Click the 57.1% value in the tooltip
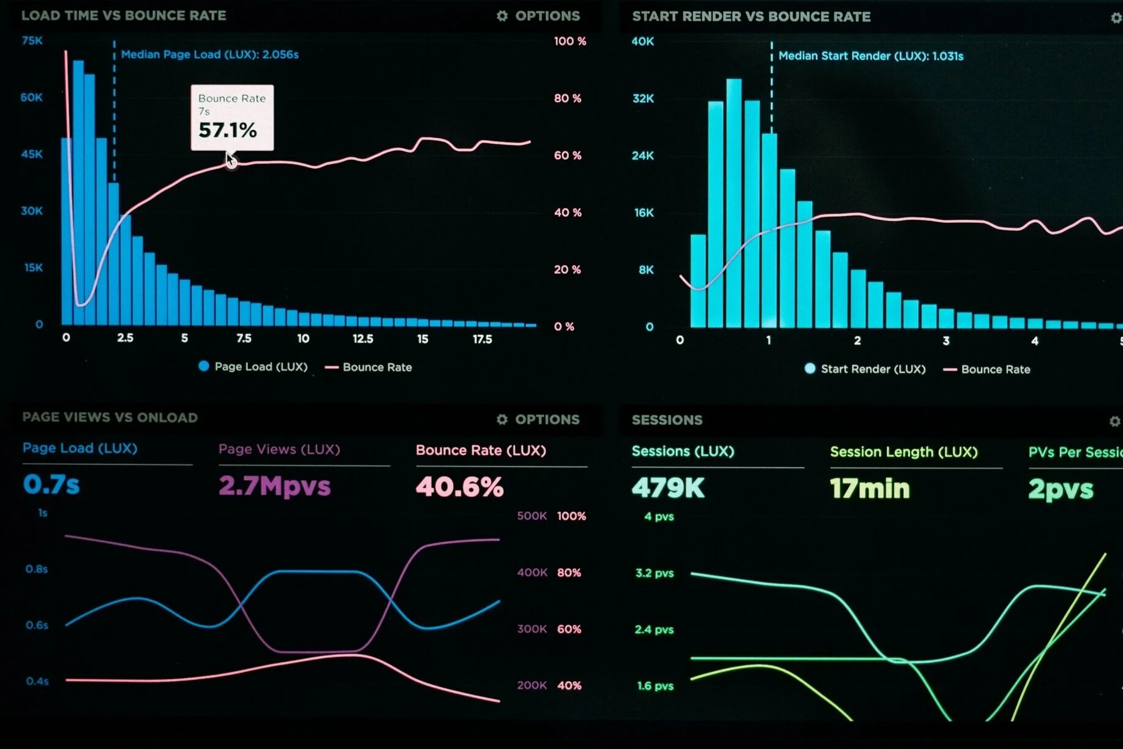click(227, 130)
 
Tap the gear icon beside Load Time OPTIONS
click(502, 16)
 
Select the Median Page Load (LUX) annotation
click(209, 55)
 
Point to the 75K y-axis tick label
click(32, 40)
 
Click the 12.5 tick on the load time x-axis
click(362, 339)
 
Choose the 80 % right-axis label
click(568, 98)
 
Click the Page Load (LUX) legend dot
click(204, 366)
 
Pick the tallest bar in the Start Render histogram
click(734, 203)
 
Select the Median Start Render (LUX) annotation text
click(871, 56)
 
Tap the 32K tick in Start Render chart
click(643, 98)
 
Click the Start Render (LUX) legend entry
click(865, 369)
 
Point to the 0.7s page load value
click(51, 484)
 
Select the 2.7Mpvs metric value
click(274, 486)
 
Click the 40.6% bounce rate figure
click(459, 487)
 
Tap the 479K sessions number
click(668, 488)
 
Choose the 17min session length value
click(869, 489)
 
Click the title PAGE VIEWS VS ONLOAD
click(110, 418)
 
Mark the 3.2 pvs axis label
click(655, 573)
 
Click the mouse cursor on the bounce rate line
click(231, 160)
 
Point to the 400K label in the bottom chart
click(531, 573)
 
